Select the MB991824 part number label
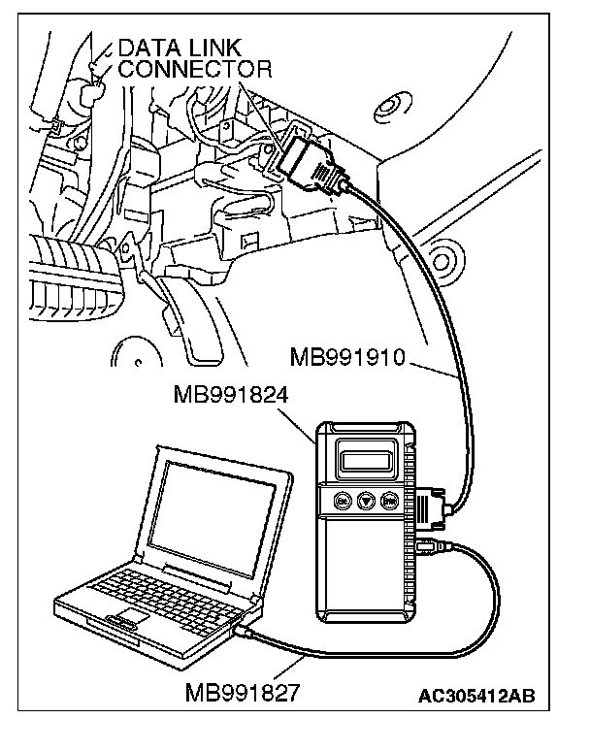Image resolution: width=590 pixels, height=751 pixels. (230, 395)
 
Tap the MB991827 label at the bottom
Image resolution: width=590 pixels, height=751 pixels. (243, 695)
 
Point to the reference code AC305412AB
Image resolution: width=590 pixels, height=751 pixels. (475, 696)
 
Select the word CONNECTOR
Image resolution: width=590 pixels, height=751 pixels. (193, 69)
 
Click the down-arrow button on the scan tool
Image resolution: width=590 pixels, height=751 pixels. (366, 502)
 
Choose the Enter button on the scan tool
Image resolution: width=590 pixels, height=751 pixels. (390, 502)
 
